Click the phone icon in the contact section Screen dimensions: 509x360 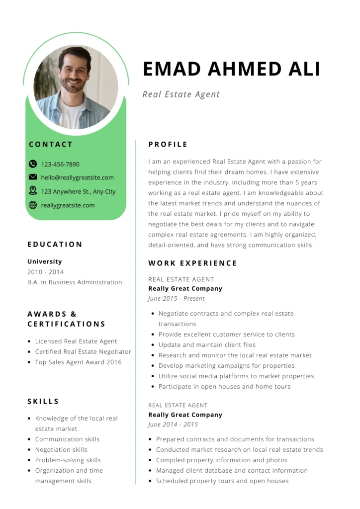click(x=33, y=164)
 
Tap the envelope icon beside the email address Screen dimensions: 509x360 click(x=33, y=177)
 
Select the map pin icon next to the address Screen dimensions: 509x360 click(x=33, y=190)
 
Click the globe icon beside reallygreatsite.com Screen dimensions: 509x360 click(x=33, y=205)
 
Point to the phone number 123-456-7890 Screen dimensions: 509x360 click(x=60, y=165)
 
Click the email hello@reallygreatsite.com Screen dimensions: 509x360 click(x=77, y=177)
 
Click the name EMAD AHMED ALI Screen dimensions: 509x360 click(x=231, y=69)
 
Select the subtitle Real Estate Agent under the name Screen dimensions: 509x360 click(x=181, y=94)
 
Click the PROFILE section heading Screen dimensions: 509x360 click(x=168, y=145)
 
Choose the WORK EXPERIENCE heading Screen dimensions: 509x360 click(x=193, y=263)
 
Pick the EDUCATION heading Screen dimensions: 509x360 click(x=55, y=245)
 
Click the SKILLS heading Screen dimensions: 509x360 click(x=43, y=402)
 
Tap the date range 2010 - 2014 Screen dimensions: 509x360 click(x=46, y=272)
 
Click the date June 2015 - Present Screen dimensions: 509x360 click(x=177, y=299)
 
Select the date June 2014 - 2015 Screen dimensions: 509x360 click(x=173, y=424)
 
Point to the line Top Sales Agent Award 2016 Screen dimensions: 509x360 click(x=78, y=362)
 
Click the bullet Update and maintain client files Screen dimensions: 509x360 click(x=207, y=345)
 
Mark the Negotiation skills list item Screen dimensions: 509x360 click(x=61, y=450)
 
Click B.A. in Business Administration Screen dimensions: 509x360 click(x=75, y=282)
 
